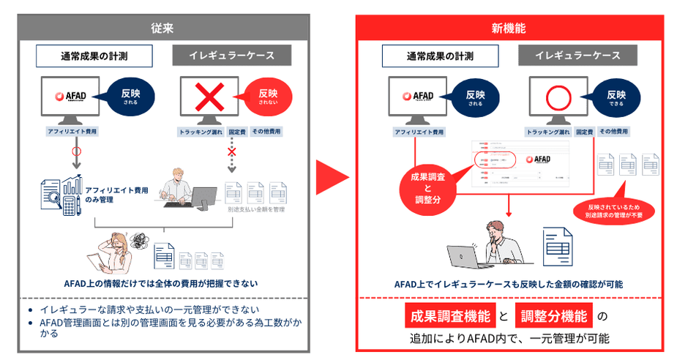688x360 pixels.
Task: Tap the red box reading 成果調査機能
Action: (449, 317)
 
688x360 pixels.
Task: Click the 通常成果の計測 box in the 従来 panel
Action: (95, 56)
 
